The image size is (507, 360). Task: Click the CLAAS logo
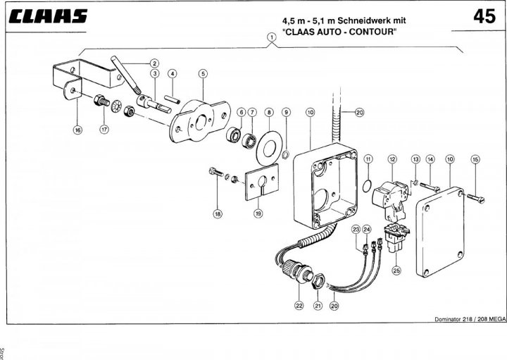[48, 15]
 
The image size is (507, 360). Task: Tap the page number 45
[484, 16]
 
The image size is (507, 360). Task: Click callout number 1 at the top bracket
[272, 37]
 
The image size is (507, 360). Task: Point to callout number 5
[203, 74]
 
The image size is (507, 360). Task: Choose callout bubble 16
[77, 130]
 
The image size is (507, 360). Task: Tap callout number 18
[218, 213]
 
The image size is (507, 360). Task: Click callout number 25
[396, 270]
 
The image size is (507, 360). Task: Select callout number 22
[299, 305]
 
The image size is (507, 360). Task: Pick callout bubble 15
[475, 159]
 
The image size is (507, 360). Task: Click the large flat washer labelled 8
[269, 149]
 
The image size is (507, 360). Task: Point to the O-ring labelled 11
[367, 186]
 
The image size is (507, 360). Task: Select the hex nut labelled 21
[318, 280]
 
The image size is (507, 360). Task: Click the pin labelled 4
[172, 99]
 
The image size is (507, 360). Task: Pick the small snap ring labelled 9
[286, 155]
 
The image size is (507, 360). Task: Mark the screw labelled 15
[475, 198]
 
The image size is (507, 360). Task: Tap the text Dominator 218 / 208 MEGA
[470, 319]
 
